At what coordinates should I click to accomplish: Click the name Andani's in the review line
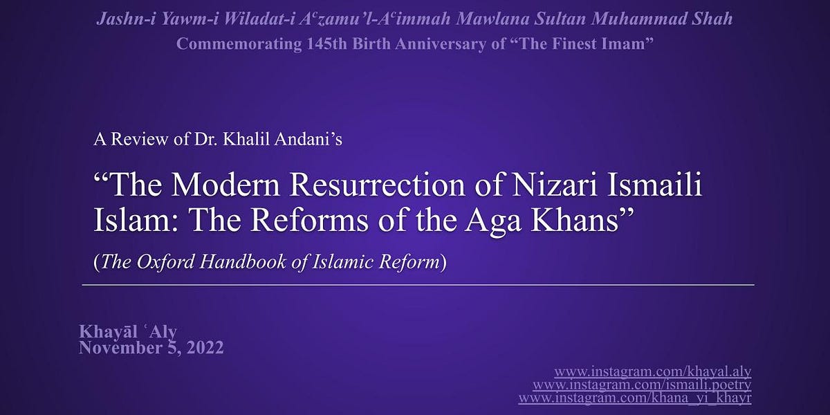[308, 139]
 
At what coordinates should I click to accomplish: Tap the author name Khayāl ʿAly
[129, 333]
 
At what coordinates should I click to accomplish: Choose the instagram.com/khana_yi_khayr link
[635, 398]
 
